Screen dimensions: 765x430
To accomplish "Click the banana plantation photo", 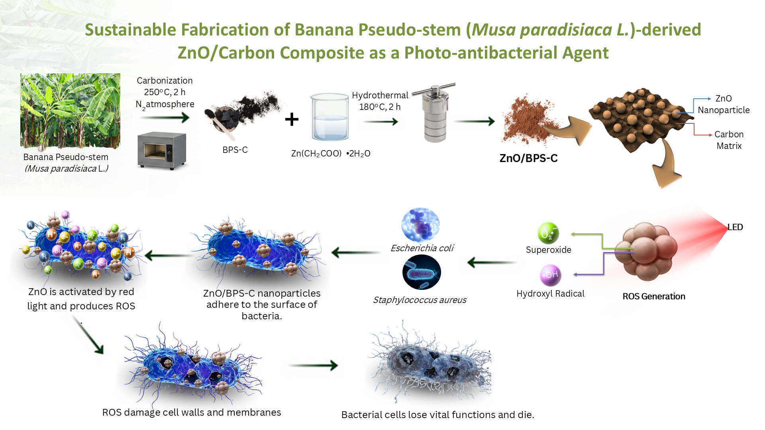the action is pyautogui.click(x=70, y=111).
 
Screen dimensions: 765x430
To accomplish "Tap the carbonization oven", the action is pyautogui.click(x=162, y=150).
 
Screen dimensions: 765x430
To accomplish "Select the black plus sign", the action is pyautogui.click(x=292, y=119).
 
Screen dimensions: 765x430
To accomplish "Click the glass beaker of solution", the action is pyautogui.click(x=330, y=117).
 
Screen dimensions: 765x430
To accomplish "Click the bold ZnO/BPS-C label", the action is pyautogui.click(x=528, y=158).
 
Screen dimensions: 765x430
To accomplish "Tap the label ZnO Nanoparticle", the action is pyautogui.click(x=724, y=104).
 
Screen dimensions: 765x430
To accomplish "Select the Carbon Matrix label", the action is pyautogui.click(x=729, y=140).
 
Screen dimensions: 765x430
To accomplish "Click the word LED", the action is pyautogui.click(x=735, y=227).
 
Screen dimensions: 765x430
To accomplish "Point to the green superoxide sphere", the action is pyautogui.click(x=548, y=233).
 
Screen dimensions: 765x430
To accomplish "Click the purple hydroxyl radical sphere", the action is pyautogui.click(x=551, y=275).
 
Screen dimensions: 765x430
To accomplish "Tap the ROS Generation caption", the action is pyautogui.click(x=654, y=296).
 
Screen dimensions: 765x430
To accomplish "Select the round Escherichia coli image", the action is pyautogui.click(x=420, y=225).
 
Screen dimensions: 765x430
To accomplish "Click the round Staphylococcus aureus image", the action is pyautogui.click(x=422, y=272).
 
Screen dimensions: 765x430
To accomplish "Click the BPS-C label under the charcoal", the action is pyautogui.click(x=235, y=150).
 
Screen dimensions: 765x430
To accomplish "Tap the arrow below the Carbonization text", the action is pyautogui.click(x=165, y=117).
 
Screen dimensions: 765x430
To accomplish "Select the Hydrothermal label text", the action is pyautogui.click(x=380, y=96).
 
